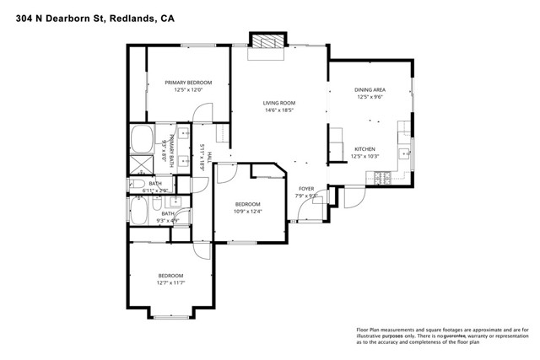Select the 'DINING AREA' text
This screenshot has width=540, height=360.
[x=370, y=89]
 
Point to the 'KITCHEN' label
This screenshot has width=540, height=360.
[x=364, y=148]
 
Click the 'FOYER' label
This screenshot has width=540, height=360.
[x=306, y=189]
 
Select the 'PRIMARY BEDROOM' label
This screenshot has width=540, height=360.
[x=188, y=83]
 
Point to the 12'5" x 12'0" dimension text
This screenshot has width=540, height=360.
[x=188, y=90]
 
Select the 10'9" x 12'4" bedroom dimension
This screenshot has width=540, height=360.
[x=248, y=212]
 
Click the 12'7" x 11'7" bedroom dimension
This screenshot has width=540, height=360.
[x=170, y=283]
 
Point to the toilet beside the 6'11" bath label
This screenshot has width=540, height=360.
[x=136, y=183]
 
